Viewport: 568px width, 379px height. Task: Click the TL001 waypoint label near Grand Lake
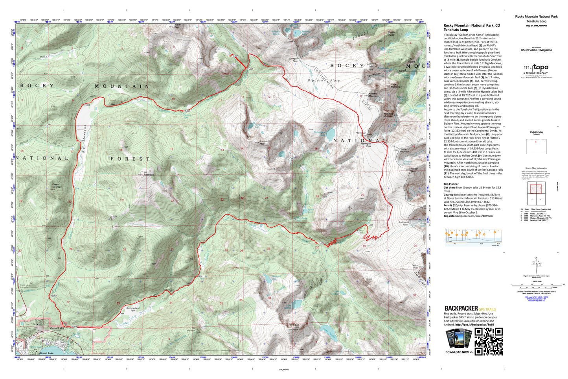click(74, 327)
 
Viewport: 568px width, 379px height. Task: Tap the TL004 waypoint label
click(87, 105)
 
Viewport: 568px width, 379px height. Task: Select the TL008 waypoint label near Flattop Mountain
click(392, 146)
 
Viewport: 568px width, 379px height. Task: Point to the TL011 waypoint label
click(202, 276)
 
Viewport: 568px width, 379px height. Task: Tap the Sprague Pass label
click(293, 60)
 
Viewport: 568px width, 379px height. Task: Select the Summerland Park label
click(133, 309)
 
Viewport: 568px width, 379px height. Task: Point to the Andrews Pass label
click(403, 223)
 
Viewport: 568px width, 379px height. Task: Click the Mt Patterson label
click(149, 173)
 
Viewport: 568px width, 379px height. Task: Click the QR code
click(489, 342)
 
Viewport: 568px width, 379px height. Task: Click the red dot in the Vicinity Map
click(536, 142)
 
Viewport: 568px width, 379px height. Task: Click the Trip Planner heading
click(451, 184)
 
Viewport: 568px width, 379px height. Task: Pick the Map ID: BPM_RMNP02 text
click(536, 26)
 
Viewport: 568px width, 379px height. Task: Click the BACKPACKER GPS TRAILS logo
click(470, 309)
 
